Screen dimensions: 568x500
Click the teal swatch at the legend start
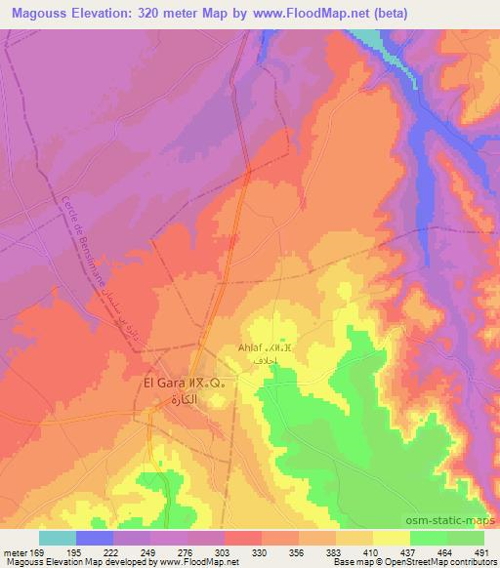[x=58, y=538]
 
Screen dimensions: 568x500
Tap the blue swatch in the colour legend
[x=95, y=538]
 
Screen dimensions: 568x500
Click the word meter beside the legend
[x=14, y=551]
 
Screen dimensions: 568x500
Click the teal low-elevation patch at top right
[x=368, y=37]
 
